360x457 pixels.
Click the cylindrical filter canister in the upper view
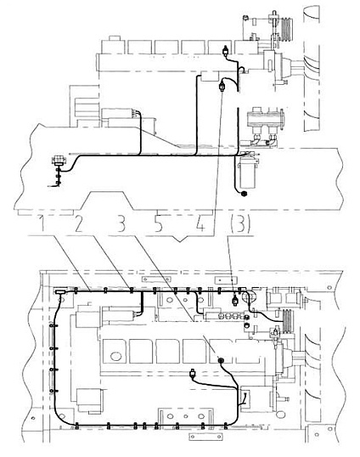point(248,174)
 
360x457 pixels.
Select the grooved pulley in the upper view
point(287,29)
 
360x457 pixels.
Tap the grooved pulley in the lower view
point(289,321)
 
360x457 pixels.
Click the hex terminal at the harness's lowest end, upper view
point(244,193)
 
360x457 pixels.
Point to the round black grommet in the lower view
point(222,361)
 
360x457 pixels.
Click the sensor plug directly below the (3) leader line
point(234,300)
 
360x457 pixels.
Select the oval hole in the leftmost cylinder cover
point(115,356)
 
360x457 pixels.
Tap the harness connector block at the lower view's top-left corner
point(61,291)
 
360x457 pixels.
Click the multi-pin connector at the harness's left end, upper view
point(59,161)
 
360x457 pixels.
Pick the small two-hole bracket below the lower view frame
point(205,437)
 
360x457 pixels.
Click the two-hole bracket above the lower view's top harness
point(157,279)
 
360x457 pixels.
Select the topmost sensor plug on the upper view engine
point(225,52)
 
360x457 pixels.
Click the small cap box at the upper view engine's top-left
point(115,41)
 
